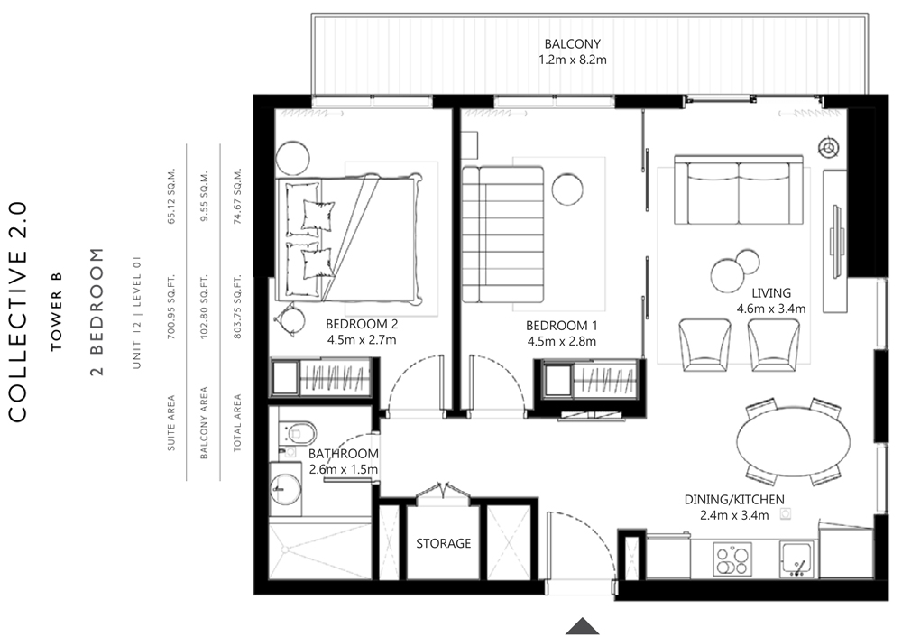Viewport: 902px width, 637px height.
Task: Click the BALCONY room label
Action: pos(573,43)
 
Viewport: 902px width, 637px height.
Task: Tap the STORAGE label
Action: pos(444,543)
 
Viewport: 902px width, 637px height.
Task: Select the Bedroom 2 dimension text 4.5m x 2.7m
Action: pos(362,339)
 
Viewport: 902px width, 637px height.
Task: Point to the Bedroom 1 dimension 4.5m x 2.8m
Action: pos(561,341)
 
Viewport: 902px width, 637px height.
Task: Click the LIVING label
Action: pos(771,293)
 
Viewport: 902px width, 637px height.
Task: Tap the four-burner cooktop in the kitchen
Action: pos(732,559)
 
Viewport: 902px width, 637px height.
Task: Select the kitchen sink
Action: pos(797,559)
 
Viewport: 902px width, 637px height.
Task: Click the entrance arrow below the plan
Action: pos(583,626)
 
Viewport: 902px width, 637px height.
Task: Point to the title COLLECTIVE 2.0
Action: pos(18,311)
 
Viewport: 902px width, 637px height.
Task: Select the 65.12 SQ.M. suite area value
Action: pos(170,196)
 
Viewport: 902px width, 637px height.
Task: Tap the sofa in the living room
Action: pos(739,189)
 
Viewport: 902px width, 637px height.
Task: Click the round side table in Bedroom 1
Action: pos(567,189)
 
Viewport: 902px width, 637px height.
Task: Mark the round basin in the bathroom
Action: pos(286,488)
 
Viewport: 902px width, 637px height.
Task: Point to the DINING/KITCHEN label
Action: pos(734,500)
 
